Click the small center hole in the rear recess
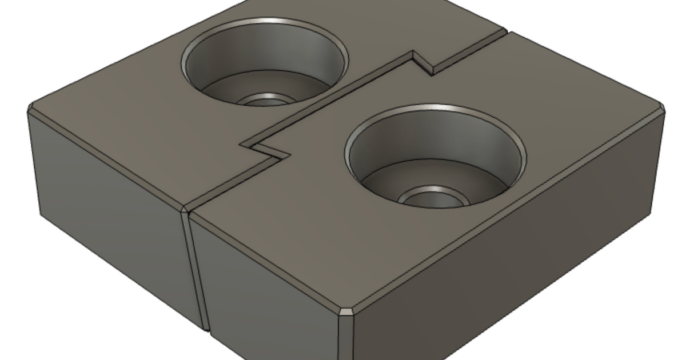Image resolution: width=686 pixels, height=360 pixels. coord(264,101)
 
